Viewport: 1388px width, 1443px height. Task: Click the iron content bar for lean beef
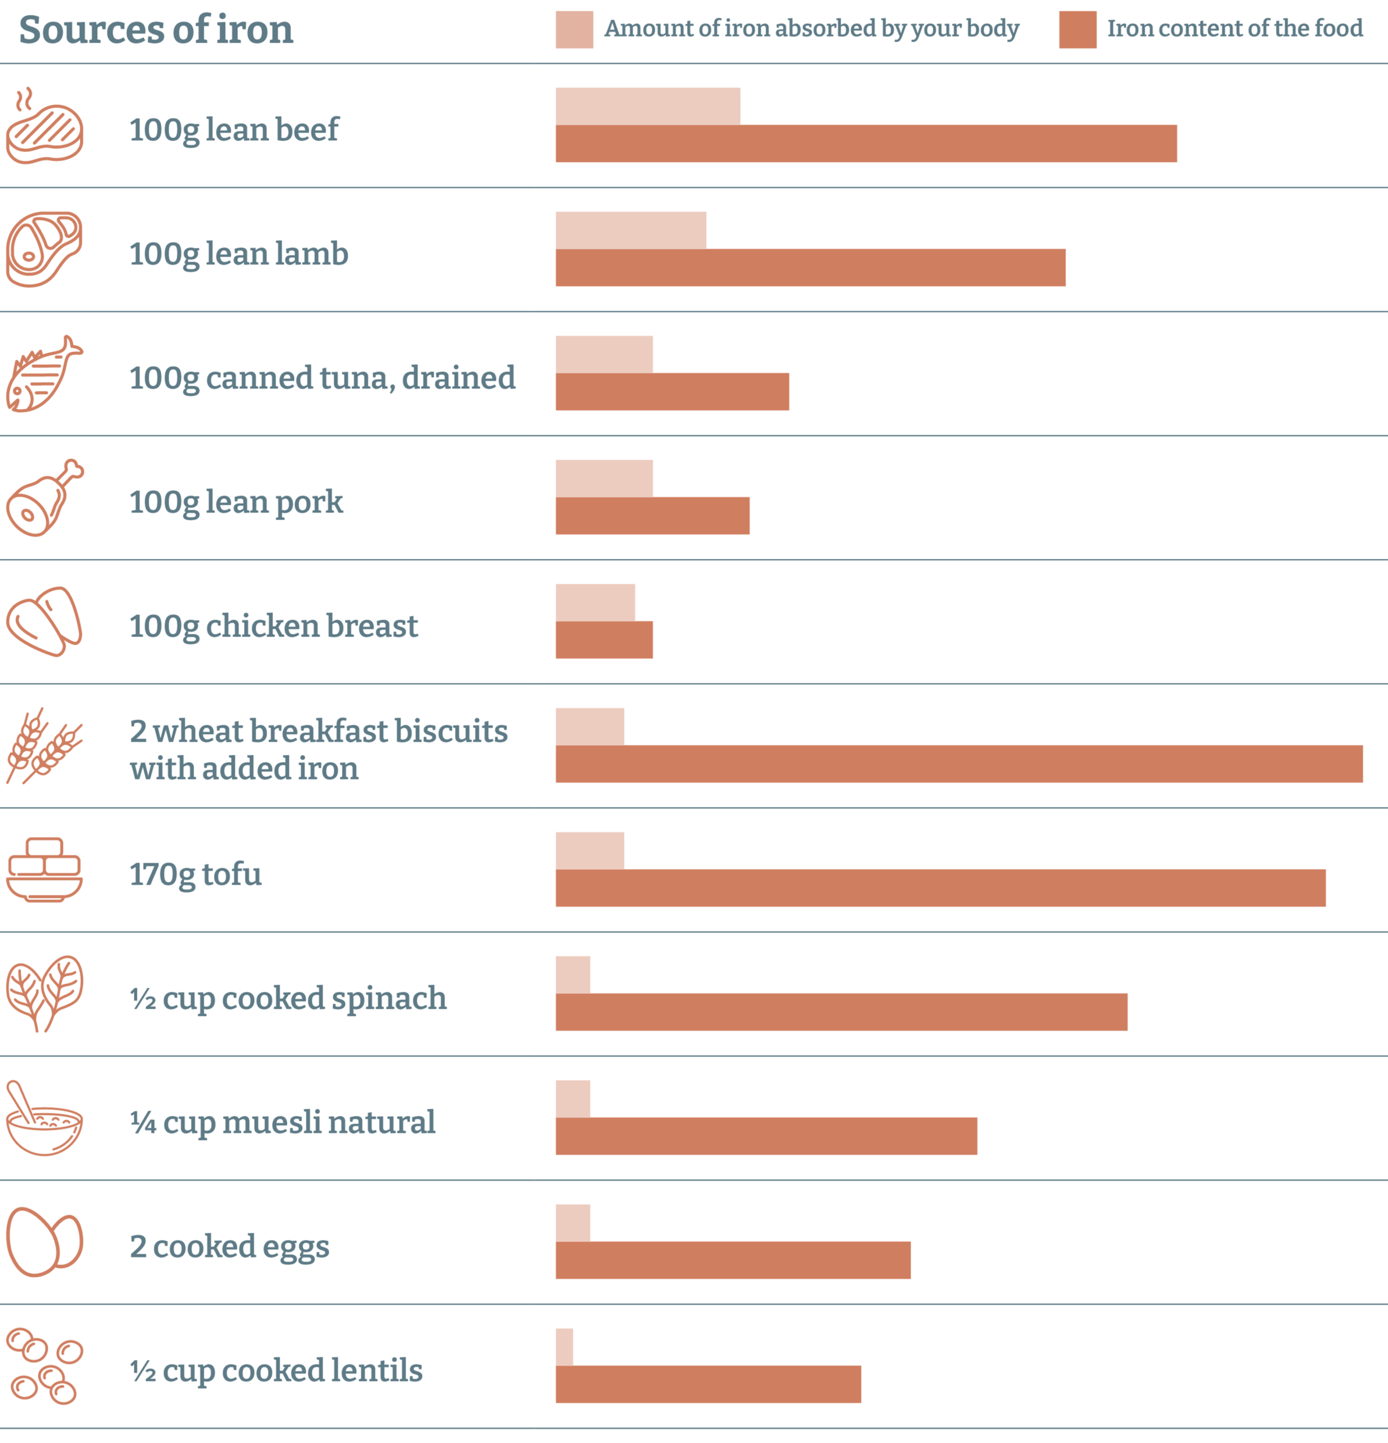pos(865,144)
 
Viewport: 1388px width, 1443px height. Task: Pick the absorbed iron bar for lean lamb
pos(630,231)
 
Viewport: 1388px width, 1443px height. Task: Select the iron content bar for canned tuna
pos(671,392)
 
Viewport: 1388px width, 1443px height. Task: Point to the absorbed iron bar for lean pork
pos(604,479)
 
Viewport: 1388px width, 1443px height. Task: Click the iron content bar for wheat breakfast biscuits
pos(959,763)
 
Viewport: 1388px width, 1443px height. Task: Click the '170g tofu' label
pos(195,874)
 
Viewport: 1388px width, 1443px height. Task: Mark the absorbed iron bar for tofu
pos(589,851)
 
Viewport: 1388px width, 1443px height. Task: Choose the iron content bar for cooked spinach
pos(841,1012)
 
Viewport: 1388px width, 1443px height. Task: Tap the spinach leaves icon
pos(44,993)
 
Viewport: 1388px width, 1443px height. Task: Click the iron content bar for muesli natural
pos(766,1136)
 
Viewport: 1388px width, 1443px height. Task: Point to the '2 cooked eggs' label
pos(229,1246)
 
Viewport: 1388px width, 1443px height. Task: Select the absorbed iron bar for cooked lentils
pos(564,1347)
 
